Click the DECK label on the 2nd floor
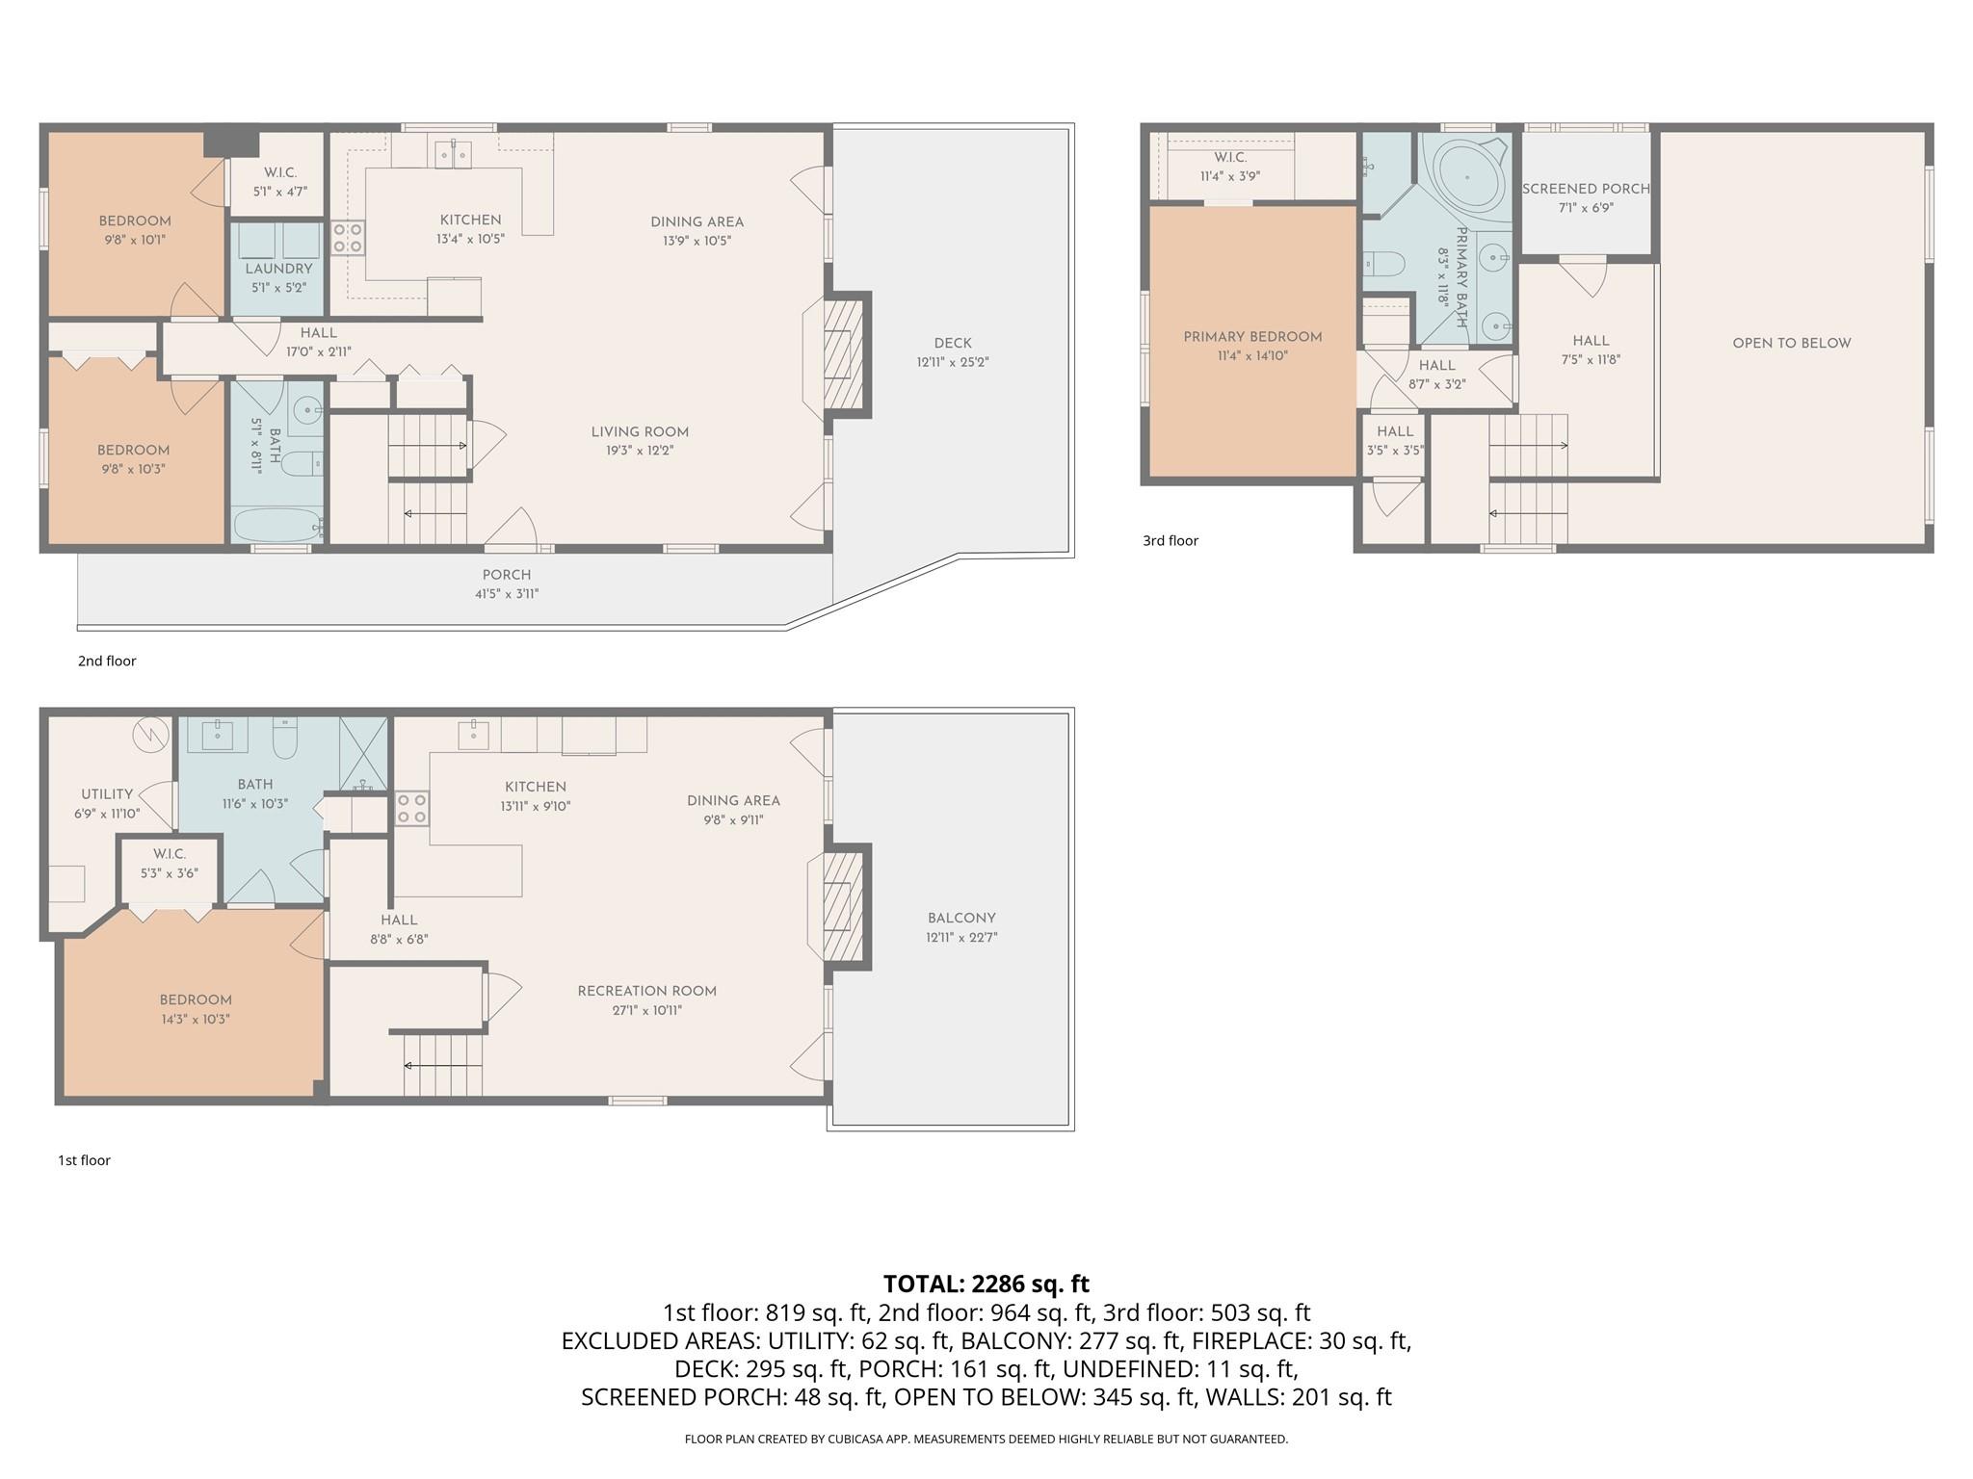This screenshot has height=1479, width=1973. click(x=953, y=343)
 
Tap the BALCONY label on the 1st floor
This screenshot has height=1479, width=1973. click(x=961, y=918)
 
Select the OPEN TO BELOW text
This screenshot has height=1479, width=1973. click(x=1792, y=343)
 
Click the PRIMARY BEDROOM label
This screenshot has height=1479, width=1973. click(x=1252, y=337)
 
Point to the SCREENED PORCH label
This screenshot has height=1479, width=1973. click(x=1586, y=189)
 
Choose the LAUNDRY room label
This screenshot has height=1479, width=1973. click(x=278, y=269)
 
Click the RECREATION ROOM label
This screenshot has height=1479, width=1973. click(x=647, y=991)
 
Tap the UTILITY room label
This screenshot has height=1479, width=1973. click(x=107, y=794)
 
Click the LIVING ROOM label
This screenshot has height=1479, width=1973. click(x=640, y=431)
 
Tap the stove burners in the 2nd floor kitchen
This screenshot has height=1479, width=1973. click(x=348, y=238)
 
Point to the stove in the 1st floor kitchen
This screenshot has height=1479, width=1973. click(x=412, y=809)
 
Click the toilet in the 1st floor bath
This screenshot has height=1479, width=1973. click(x=285, y=738)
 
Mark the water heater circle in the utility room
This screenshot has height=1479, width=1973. click(x=150, y=736)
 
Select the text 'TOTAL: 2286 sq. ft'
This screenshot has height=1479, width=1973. click(x=986, y=1284)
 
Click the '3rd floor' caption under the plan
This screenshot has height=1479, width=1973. click(x=1171, y=541)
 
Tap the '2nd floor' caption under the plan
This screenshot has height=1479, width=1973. click(x=107, y=662)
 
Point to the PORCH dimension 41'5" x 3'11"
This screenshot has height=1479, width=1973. click(x=507, y=594)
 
